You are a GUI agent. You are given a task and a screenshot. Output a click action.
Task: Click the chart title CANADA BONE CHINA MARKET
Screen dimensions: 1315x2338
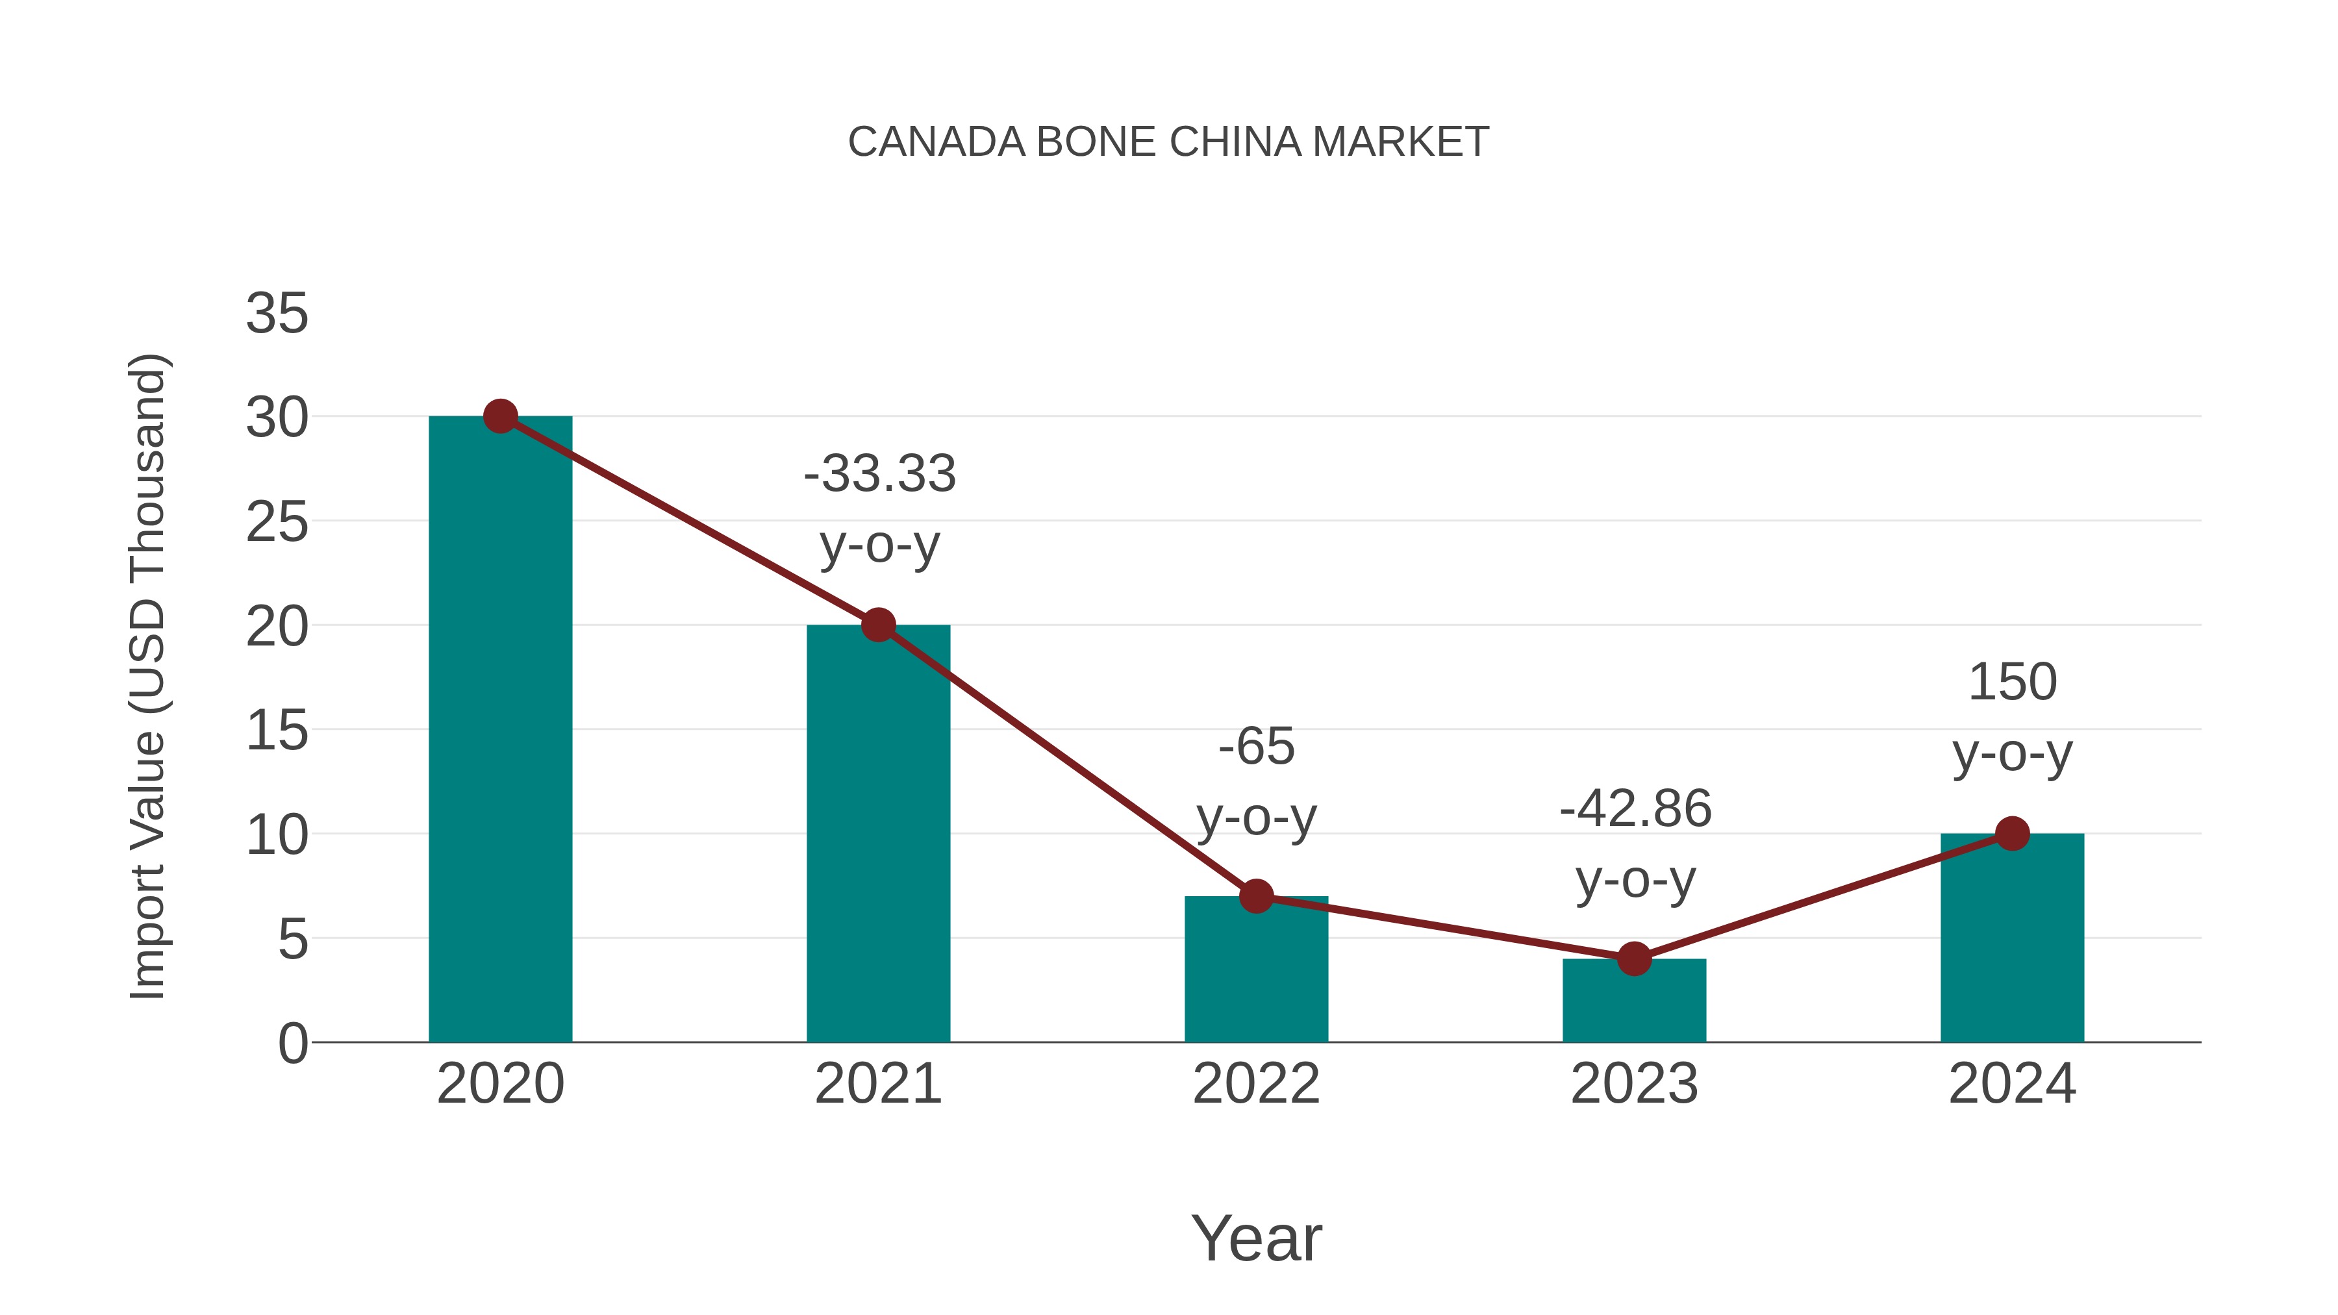1168,142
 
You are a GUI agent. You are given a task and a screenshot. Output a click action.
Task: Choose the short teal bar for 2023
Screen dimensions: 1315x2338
1634,1003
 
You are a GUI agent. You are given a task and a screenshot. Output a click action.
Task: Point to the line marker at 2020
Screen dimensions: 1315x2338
500,416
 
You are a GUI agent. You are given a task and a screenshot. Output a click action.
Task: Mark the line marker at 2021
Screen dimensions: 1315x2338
877,625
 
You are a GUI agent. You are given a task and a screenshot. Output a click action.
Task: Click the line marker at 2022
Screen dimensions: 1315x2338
1256,897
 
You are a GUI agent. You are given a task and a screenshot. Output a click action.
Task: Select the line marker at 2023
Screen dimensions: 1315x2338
1634,958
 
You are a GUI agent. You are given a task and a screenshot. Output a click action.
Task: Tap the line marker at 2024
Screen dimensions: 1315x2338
2012,833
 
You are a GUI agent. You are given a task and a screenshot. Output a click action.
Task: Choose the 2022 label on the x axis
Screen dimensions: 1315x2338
1256,1084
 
